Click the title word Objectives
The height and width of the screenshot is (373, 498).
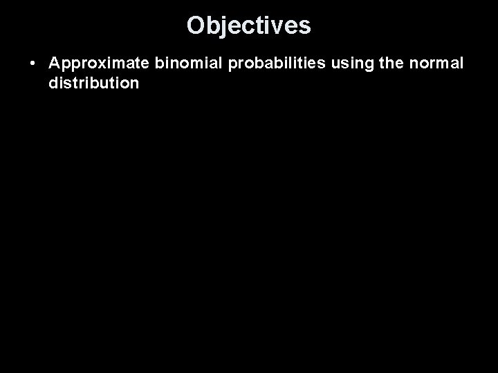[249, 26]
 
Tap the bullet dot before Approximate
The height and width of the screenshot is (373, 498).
[33, 64]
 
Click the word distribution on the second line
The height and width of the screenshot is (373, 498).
[94, 83]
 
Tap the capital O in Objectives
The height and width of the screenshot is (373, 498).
[196, 26]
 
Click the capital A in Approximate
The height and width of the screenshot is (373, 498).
[55, 64]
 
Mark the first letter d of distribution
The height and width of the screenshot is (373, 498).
[54, 83]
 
